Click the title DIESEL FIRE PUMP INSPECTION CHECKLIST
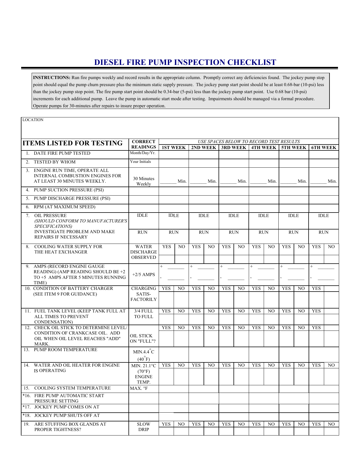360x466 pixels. click(185, 62)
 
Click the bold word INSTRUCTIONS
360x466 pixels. click(52, 78)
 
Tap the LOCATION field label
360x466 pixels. click(33, 120)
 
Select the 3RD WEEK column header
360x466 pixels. click(234, 148)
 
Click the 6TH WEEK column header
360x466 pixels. click(324, 148)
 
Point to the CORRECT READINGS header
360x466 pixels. click(143, 144)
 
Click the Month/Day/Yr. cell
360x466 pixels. click(143, 153)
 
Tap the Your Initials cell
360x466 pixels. click(140, 162)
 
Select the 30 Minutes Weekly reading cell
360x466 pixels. click(143, 181)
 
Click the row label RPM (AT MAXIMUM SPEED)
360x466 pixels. click(64, 207)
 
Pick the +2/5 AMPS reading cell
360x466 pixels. click(143, 275)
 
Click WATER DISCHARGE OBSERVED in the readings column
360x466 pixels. click(143, 252)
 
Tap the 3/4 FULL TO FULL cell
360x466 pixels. click(143, 314)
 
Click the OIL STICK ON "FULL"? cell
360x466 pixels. click(143, 338)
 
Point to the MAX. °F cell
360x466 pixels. click(139, 388)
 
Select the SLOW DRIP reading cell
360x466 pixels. click(143, 427)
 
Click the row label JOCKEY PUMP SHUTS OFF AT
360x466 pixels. click(67, 415)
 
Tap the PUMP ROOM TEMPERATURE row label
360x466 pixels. click(65, 350)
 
